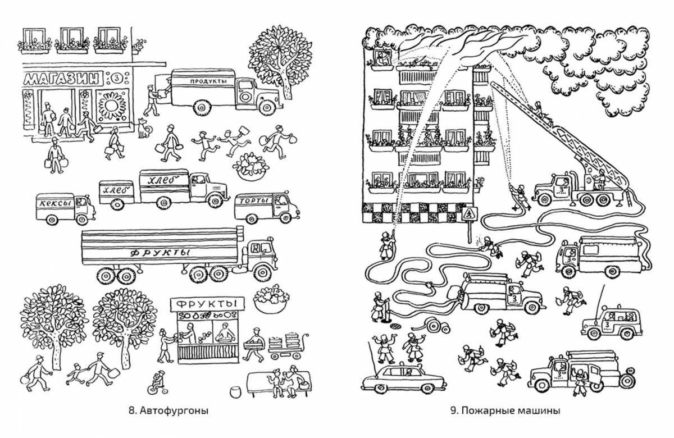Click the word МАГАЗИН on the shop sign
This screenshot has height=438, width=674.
pos(63,77)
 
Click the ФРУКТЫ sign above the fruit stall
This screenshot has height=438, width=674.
pos(208,304)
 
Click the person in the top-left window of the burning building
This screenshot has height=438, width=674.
pos(383,58)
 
